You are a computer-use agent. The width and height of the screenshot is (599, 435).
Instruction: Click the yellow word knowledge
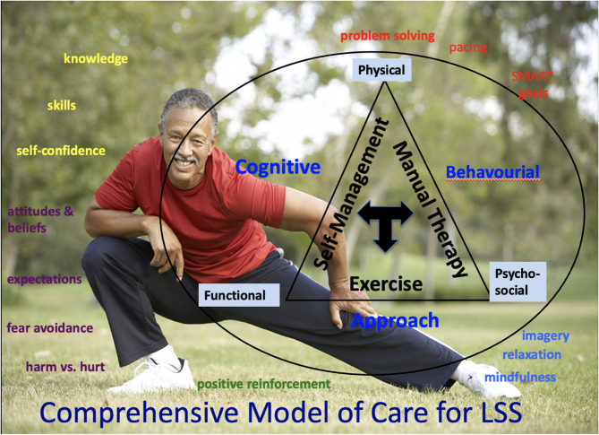[x=96, y=59]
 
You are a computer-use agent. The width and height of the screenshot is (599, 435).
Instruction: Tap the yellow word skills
[x=62, y=105]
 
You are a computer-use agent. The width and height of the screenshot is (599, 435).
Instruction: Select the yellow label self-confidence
[x=61, y=151]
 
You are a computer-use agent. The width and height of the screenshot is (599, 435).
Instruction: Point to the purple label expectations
[x=45, y=279]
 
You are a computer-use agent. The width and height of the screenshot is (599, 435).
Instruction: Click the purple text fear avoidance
[x=50, y=327]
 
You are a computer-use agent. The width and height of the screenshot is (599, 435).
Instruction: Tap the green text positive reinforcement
[x=264, y=384]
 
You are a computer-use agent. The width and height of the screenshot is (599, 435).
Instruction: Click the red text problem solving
[x=388, y=36]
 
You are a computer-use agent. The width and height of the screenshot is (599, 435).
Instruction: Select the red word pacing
[x=468, y=47]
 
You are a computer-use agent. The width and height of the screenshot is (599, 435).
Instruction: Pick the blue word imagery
[x=545, y=335]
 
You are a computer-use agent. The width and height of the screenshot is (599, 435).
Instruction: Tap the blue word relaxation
[x=532, y=354]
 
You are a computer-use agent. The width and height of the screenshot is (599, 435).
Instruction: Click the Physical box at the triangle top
[x=381, y=70]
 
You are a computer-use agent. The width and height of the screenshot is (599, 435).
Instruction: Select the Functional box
[x=234, y=295]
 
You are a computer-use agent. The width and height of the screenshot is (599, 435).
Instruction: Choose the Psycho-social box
[x=519, y=283]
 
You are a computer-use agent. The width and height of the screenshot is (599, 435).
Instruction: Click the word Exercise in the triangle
[x=386, y=284]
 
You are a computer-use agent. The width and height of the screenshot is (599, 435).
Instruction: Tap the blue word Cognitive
[x=278, y=167]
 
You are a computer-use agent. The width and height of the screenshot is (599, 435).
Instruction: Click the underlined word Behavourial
[x=492, y=171]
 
